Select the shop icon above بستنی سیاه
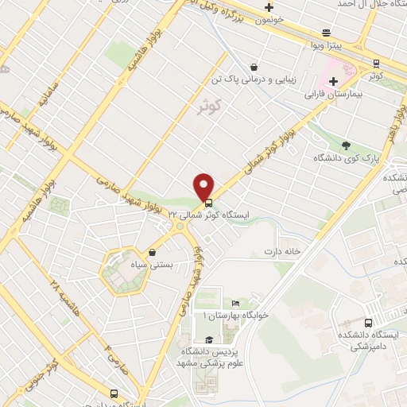[151, 253]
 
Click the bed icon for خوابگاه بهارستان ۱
[234, 304]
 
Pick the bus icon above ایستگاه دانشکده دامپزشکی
[367, 323]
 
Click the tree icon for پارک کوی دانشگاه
[345, 145]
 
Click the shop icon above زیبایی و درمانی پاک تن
[253, 68]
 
